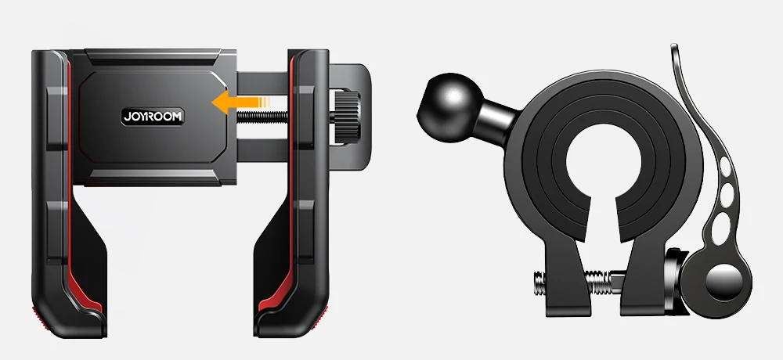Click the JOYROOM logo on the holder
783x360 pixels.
point(153,117)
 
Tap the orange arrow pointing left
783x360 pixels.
point(240,103)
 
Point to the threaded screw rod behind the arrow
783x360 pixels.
point(262,117)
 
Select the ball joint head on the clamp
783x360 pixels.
point(449,107)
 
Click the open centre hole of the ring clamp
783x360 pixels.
point(604,160)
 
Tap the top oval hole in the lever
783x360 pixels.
point(725,167)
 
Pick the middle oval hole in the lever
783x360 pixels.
point(727,193)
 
